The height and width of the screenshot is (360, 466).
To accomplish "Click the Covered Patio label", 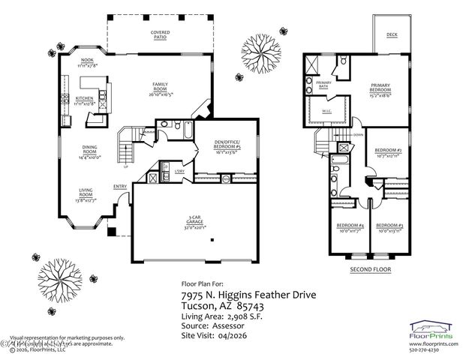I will pos(160,34).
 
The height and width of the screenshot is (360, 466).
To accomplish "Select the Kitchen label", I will pos(83,100).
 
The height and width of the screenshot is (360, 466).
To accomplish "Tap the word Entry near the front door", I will pos(120,187).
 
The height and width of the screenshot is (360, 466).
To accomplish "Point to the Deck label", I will pos(392,35).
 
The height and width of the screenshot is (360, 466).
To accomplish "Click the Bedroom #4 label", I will pos(350,229).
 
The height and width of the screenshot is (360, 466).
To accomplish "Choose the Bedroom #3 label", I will pos(390,229).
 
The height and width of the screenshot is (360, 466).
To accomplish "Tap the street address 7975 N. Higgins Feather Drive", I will pos(248,295).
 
